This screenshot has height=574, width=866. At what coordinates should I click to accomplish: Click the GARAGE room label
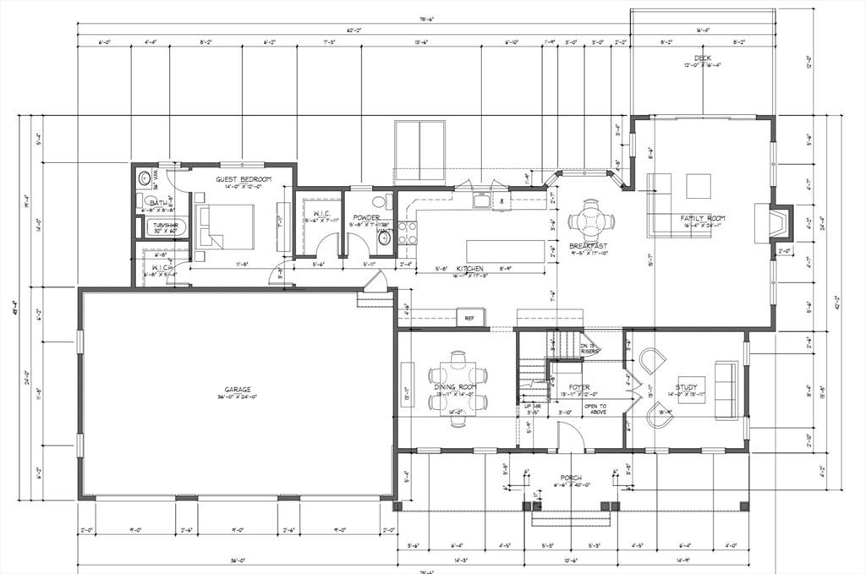tap(237, 390)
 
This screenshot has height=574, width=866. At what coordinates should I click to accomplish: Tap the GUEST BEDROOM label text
tap(243, 179)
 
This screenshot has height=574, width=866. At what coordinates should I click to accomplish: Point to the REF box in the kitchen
tap(469, 319)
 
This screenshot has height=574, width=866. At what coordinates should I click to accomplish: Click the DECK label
tap(702, 58)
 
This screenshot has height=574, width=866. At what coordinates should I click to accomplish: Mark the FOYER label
tap(578, 388)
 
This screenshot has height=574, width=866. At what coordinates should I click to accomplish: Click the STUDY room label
tap(686, 387)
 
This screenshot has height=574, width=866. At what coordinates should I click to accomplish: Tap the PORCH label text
tap(571, 478)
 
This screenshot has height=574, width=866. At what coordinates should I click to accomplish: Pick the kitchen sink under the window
tap(481, 201)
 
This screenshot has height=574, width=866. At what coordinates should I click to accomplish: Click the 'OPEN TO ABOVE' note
tap(596, 408)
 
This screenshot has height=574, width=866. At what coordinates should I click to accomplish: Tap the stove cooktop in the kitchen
tap(407, 232)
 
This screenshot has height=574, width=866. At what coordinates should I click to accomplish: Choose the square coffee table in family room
tap(699, 185)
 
